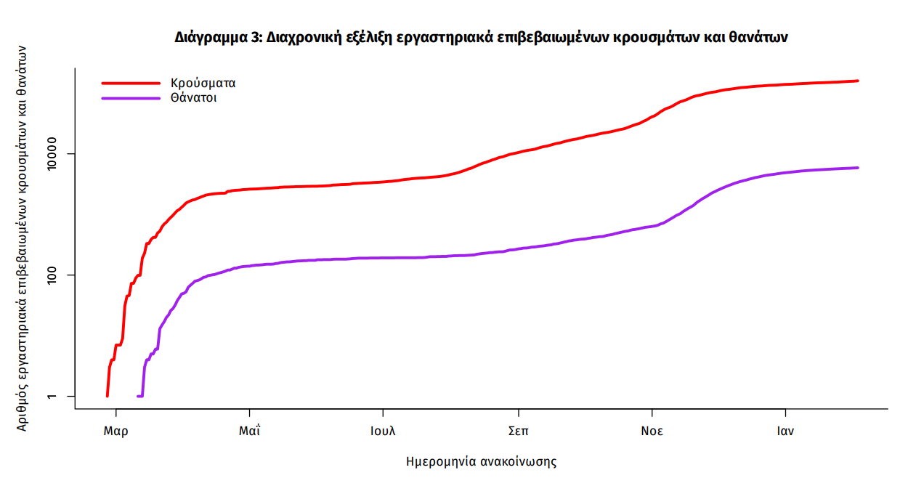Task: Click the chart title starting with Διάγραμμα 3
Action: click(x=481, y=37)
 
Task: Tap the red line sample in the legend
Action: click(x=130, y=83)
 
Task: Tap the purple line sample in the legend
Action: click(x=130, y=98)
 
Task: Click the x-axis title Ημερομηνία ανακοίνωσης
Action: click(x=481, y=461)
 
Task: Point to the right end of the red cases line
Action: click(x=858, y=81)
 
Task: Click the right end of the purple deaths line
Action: click(x=858, y=168)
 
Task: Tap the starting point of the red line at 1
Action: click(x=108, y=396)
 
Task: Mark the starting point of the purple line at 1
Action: click(x=138, y=396)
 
